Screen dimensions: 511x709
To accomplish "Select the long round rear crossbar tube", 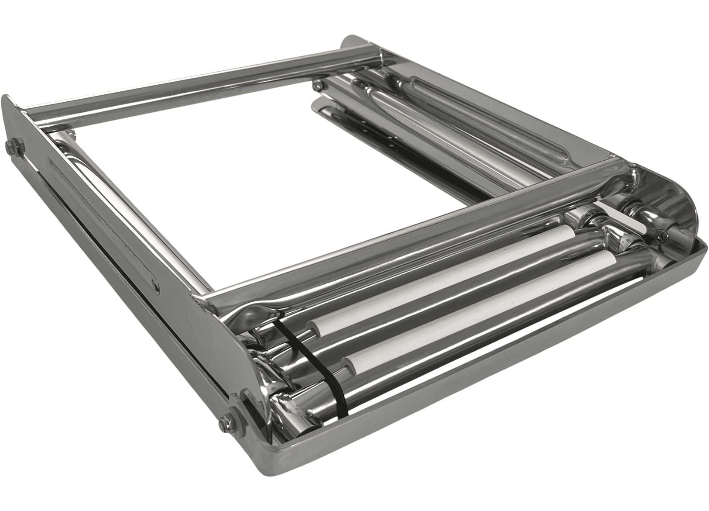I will tap(196, 83).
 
